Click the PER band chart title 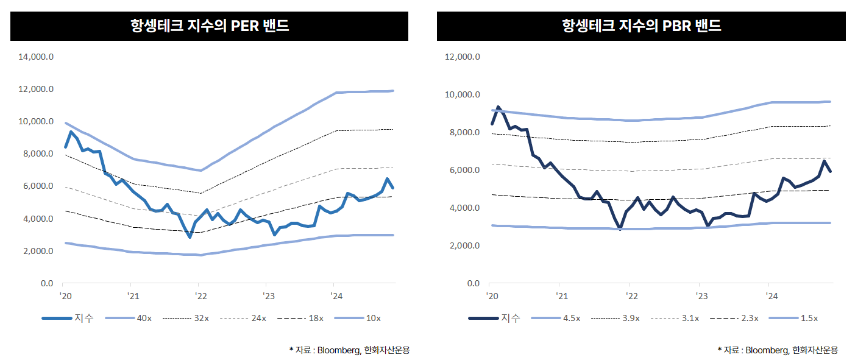click(209, 26)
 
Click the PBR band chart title click(641, 26)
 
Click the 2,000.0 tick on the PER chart click(38, 251)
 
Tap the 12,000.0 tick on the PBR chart click(463, 57)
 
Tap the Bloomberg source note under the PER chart click(350, 350)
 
